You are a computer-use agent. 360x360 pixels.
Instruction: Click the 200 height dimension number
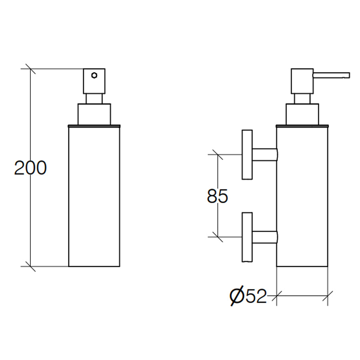30,168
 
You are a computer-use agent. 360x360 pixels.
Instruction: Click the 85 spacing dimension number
218,196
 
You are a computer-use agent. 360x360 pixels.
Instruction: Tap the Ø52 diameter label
248,296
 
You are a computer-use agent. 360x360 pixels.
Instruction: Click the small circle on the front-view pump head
94,75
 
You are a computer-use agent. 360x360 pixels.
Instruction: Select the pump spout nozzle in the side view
332,75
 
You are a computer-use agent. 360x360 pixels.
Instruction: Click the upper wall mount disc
247,154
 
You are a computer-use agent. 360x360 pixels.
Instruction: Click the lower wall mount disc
247,237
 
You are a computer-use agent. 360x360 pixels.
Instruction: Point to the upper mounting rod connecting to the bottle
264,154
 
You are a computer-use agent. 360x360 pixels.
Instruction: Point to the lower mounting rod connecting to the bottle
264,237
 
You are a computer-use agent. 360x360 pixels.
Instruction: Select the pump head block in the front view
94,81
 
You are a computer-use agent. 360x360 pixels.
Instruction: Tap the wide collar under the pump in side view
302,114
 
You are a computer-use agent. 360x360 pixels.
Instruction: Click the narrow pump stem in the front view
94,99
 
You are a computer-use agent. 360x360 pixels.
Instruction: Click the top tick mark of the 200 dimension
30,69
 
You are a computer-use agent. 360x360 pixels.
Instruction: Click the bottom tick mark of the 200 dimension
30,266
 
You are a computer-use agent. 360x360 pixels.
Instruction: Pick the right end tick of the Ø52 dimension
328,296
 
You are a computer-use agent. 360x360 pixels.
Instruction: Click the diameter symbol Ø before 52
237,296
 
